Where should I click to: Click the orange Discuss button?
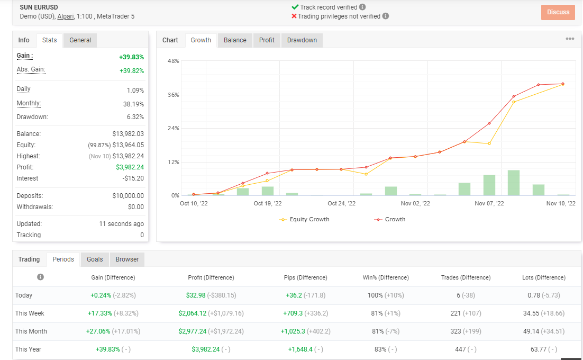[558, 12]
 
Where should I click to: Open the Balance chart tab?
[235, 40]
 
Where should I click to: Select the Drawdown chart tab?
[302, 40]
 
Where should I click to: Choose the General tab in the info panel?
[80, 40]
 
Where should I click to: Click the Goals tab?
[95, 259]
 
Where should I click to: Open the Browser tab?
[127, 259]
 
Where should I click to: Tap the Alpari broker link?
[66, 16]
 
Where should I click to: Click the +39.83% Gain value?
[131, 57]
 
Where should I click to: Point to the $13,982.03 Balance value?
[128, 134]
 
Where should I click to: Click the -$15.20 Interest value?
[133, 178]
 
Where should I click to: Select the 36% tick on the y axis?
[174, 95]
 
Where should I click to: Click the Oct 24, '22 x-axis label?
[341, 203]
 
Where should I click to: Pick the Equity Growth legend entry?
[304, 219]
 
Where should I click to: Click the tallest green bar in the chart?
[514, 183]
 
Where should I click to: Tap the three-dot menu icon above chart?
[570, 39]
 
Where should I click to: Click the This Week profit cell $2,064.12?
[192, 313]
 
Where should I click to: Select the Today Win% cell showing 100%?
[375, 295]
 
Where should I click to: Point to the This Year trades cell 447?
[460, 349]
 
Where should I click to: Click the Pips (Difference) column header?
[305, 277]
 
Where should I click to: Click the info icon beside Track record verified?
[362, 7]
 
